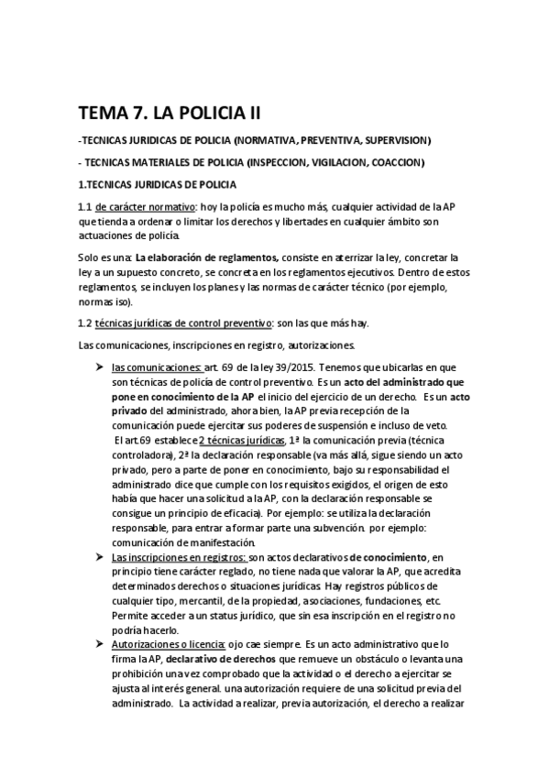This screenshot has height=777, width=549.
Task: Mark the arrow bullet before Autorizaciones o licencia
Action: (x=100, y=644)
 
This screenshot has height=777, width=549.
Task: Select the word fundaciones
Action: (x=379, y=601)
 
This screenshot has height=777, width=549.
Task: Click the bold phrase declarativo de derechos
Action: (x=218, y=660)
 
